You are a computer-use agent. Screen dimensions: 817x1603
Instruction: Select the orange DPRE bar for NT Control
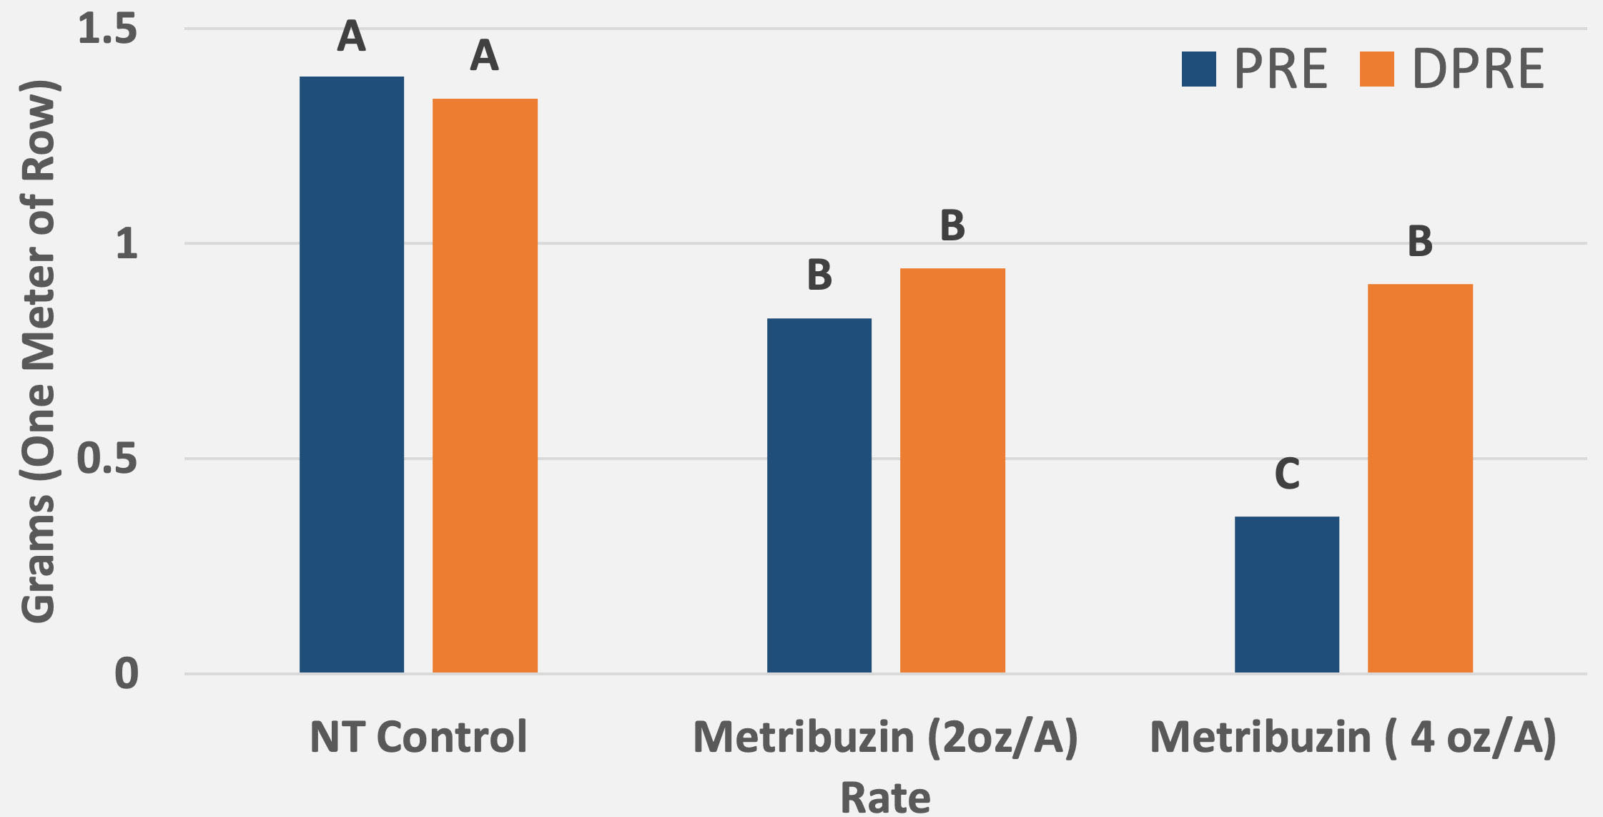pos(485,386)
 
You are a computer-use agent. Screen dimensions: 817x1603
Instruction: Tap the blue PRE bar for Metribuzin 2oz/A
pos(819,495)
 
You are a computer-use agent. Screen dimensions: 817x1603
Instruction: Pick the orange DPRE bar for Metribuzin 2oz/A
pos(952,470)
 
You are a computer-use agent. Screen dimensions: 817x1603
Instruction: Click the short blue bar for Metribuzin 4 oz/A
pos(1286,594)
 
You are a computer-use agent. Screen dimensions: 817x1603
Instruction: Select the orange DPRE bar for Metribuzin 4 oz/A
pos(1420,478)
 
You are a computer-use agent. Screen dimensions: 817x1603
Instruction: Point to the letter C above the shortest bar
pos(1287,474)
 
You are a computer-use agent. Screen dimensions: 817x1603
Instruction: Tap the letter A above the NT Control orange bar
pos(484,55)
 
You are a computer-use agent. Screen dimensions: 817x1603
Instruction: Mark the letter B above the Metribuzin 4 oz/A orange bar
pos(1420,241)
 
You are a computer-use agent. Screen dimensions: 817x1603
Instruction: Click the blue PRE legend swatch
pos(1198,69)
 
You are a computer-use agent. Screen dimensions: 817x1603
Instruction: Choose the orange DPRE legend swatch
pos(1376,69)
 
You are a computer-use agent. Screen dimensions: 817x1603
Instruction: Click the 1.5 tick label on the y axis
pos(107,29)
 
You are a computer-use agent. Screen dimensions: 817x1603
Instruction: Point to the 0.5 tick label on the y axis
pos(107,459)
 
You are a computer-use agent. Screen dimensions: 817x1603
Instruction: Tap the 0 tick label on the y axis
pos(127,673)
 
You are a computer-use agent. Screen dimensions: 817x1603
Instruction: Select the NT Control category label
pos(418,737)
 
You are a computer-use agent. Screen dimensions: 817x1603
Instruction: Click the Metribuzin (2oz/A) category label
pos(885,737)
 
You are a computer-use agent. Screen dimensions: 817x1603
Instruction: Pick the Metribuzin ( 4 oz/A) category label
pos(1353,737)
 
